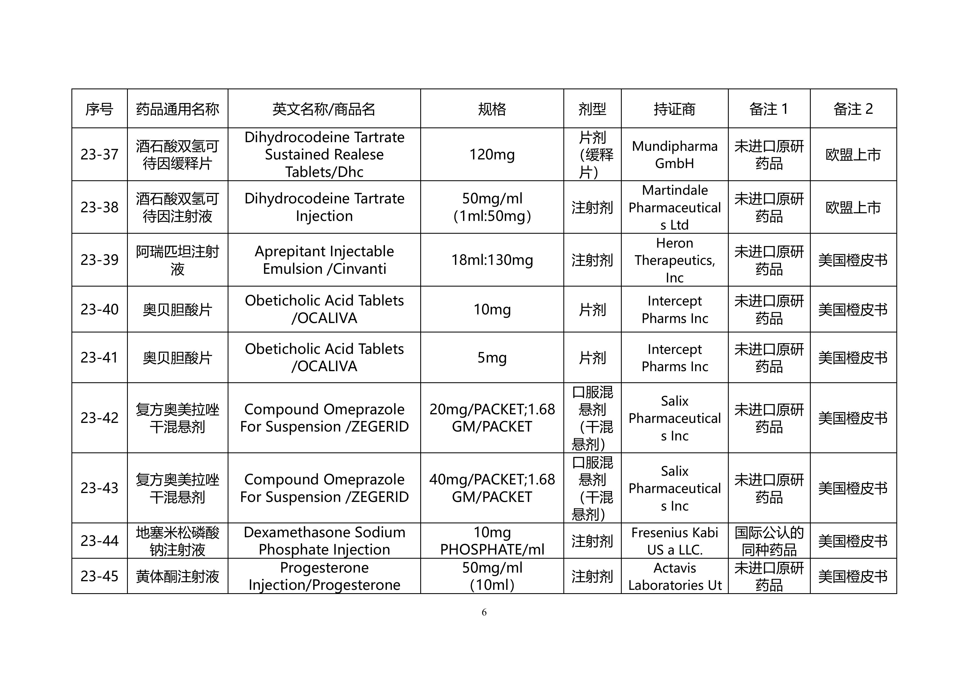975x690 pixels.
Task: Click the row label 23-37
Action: [100, 154]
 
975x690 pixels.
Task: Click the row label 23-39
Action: [100, 260]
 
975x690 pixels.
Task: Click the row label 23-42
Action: [100, 418]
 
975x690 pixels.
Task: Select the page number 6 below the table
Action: [484, 612]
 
